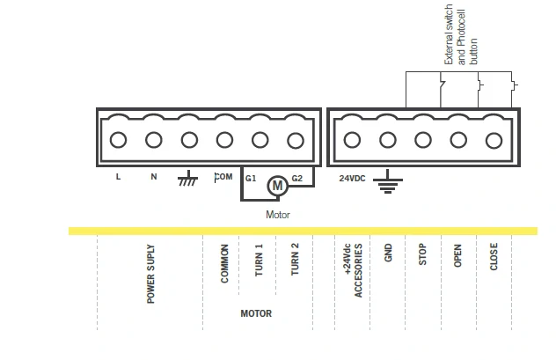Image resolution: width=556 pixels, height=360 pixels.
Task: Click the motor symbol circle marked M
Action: point(277,185)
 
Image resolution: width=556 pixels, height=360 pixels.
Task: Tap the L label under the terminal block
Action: point(118,177)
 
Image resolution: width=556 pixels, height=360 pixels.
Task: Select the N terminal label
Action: point(154,177)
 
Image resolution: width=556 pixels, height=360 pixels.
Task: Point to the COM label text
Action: point(223,177)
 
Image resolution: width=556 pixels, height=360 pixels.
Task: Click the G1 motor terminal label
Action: point(251,179)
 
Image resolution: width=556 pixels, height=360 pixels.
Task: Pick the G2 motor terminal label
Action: point(297,179)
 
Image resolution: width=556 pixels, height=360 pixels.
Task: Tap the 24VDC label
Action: point(352,179)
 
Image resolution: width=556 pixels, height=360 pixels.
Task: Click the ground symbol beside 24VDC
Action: point(388,181)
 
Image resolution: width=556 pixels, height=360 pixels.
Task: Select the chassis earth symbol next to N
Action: point(188,179)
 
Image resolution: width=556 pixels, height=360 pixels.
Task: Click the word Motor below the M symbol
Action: point(278,215)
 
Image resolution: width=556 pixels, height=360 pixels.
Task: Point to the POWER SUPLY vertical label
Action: point(150,274)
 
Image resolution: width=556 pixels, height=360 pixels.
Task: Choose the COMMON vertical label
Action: point(224,263)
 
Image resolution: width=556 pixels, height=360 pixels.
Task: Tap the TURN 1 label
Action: point(260,260)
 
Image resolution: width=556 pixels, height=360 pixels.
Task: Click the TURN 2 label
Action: point(295,260)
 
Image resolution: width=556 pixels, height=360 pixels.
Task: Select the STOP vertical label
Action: point(422,254)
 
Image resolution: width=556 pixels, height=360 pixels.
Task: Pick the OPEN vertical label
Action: point(457,255)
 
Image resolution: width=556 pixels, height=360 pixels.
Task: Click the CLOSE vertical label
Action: point(494,256)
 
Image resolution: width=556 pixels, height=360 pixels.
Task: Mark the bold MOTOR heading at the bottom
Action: point(256,313)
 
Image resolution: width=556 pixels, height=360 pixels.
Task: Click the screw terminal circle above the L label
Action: point(118,140)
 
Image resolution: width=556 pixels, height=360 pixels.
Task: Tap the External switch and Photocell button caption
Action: point(461,34)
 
